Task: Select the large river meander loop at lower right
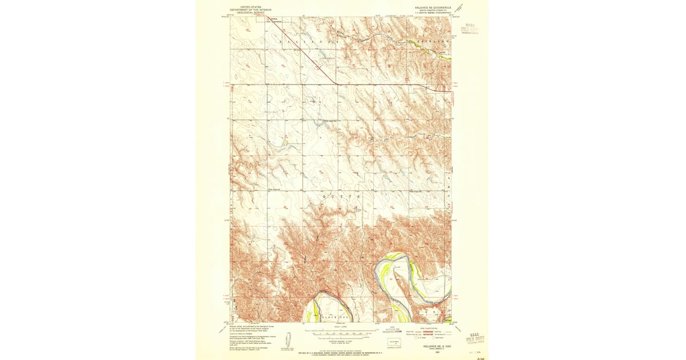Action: pos(400,274)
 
